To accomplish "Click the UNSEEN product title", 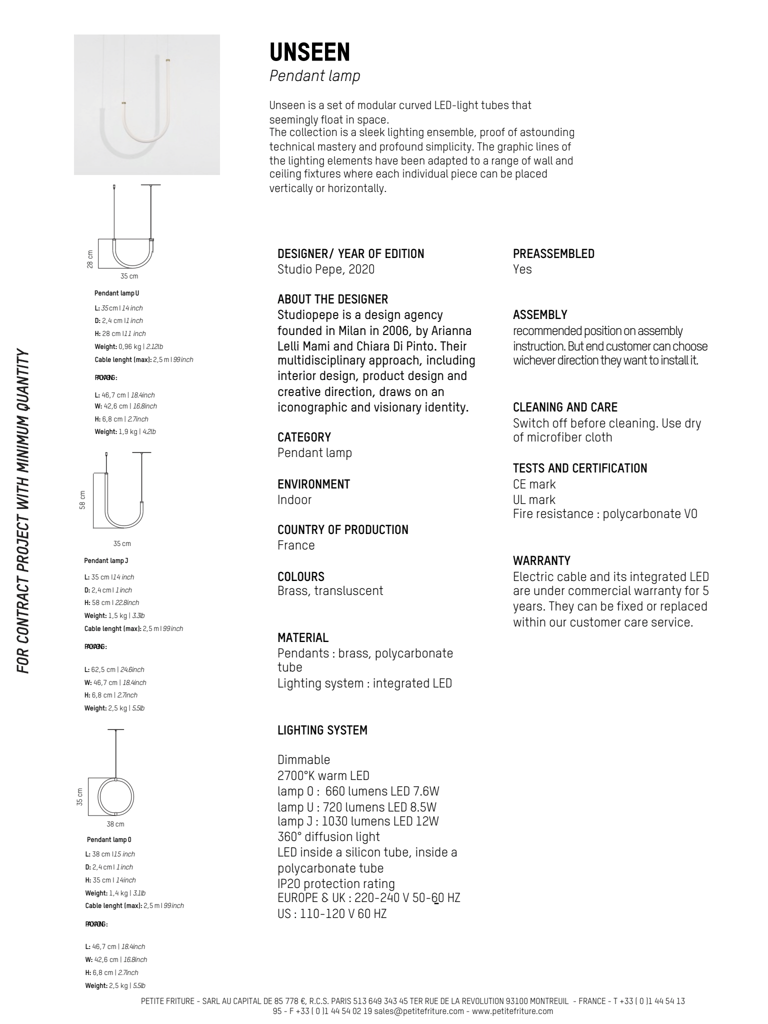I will (x=309, y=51).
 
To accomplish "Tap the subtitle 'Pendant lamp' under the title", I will (x=314, y=76).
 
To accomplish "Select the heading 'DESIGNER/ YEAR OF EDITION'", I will (x=350, y=254).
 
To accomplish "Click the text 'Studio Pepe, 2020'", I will (x=325, y=269).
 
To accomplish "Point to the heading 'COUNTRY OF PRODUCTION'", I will (x=342, y=529).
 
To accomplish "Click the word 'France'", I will (x=296, y=545).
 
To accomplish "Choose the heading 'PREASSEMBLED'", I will (x=553, y=254).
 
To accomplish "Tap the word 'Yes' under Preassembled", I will (x=522, y=269).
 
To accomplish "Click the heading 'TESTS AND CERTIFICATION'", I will (x=580, y=468).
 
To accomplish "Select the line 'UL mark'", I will (x=534, y=499).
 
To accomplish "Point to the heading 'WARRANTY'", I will (x=541, y=560).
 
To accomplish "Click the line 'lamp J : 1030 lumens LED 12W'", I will (x=358, y=821).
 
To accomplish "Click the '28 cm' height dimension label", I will (x=90, y=258).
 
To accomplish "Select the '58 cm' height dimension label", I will (x=82, y=500).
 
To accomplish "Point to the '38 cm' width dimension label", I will (x=115, y=824).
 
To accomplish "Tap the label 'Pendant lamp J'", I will (x=106, y=561).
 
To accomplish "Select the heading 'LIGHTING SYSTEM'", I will (x=322, y=730).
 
